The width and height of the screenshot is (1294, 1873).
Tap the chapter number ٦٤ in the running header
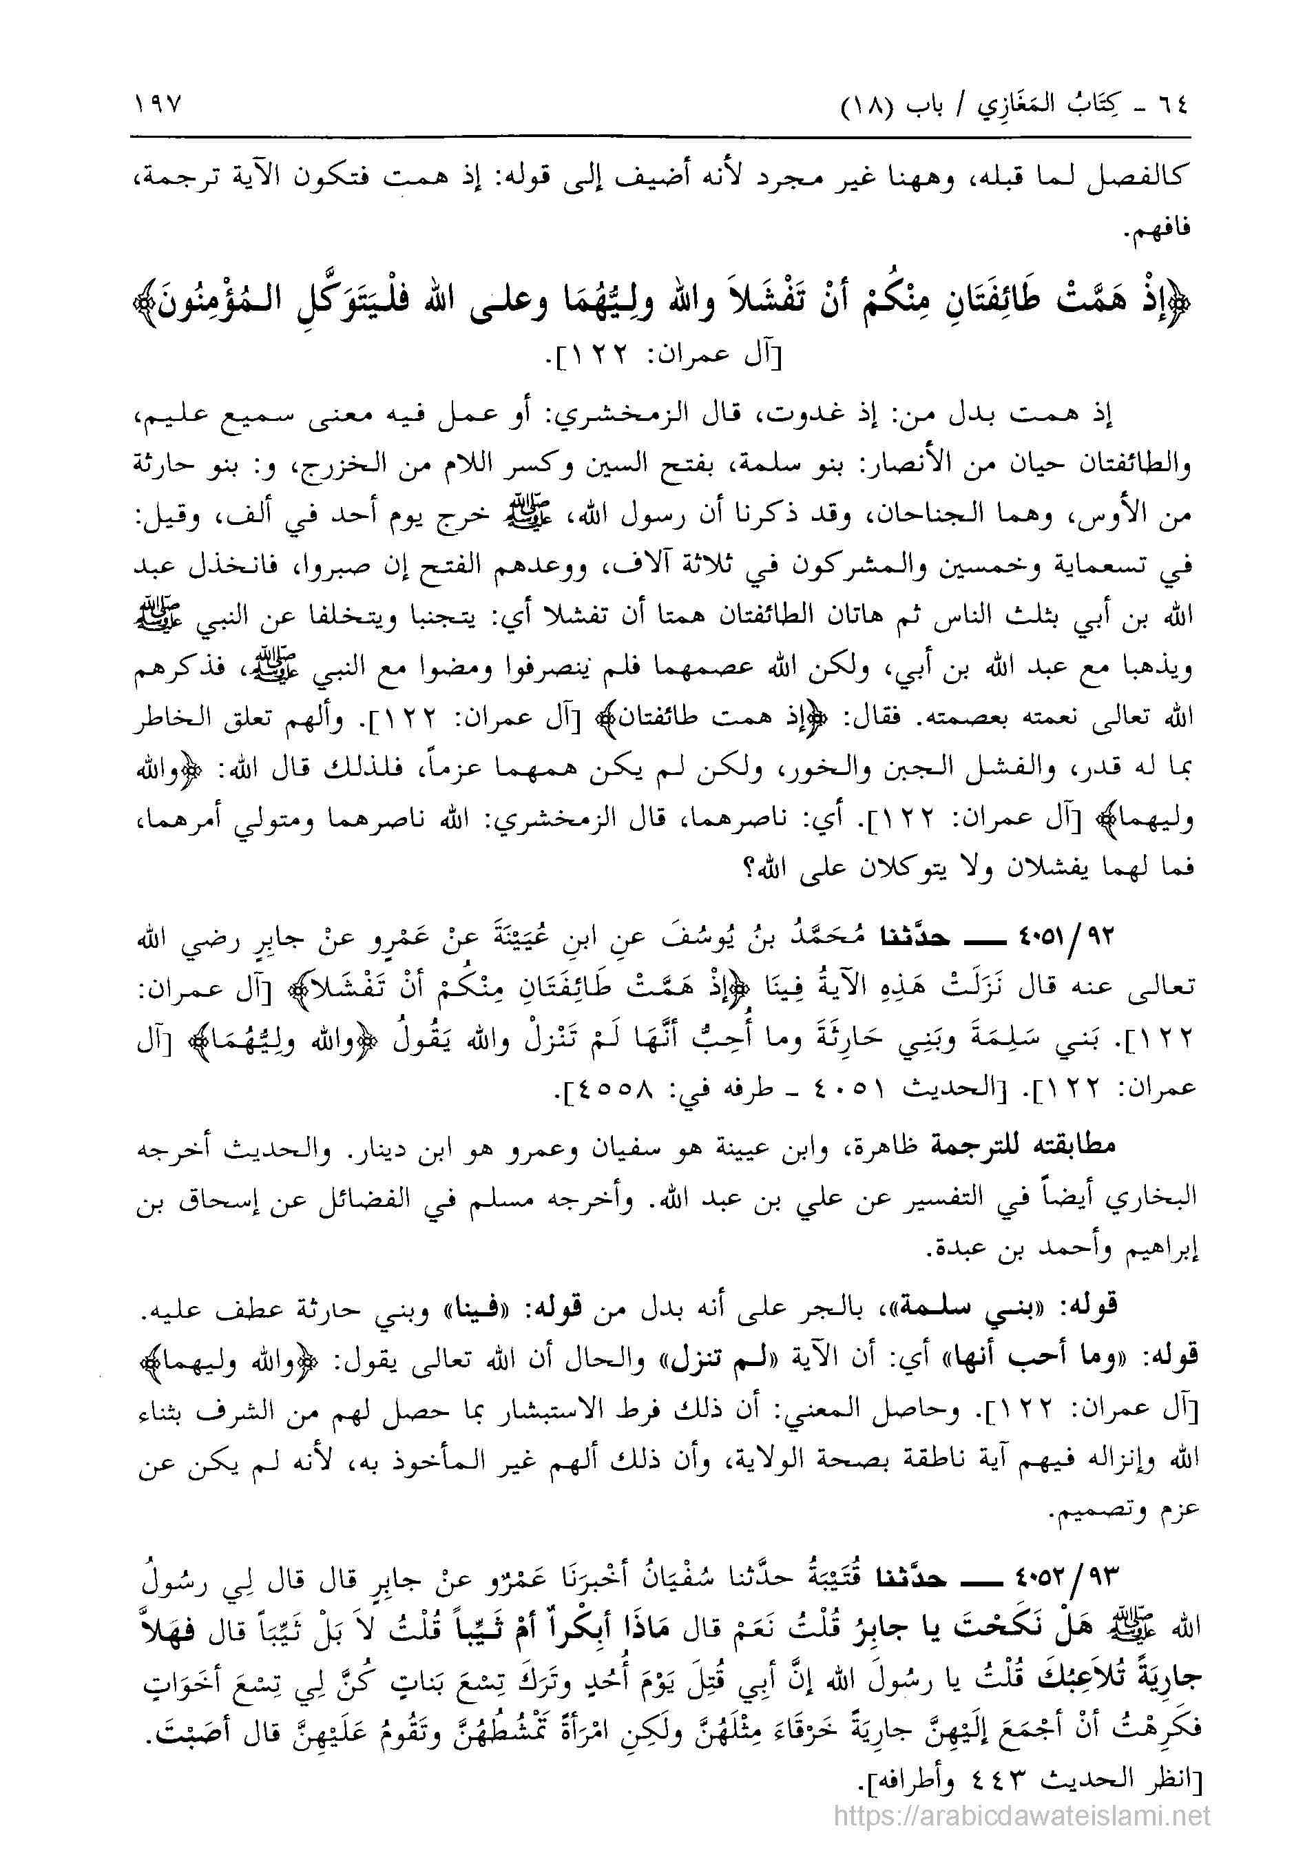pyautogui.click(x=1169, y=106)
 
